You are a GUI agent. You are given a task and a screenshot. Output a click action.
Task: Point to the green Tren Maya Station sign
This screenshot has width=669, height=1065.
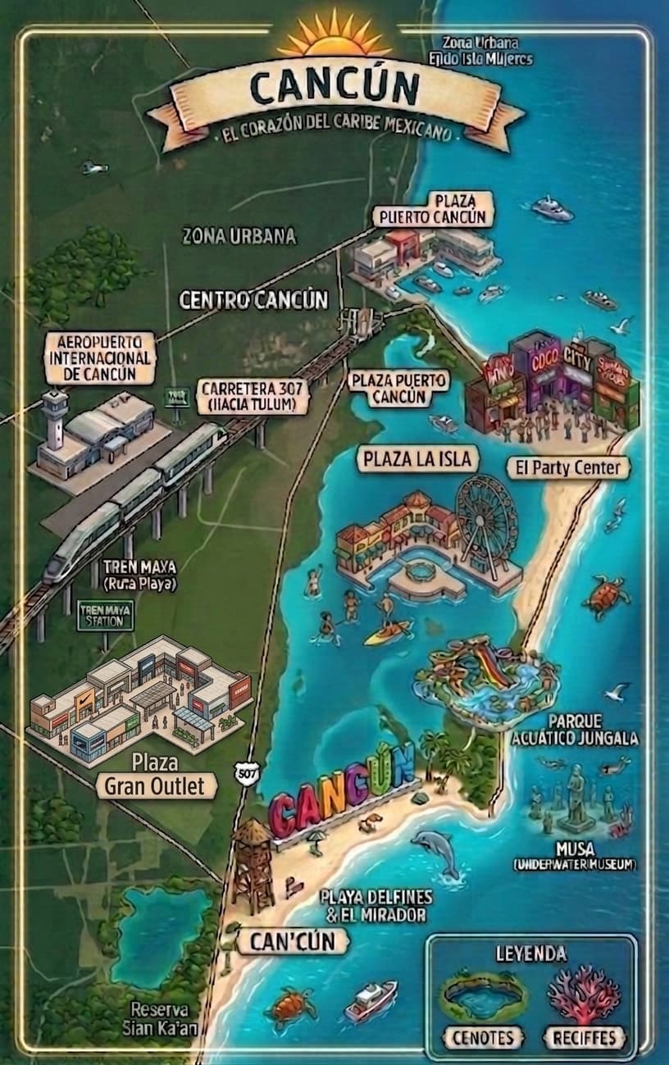tap(105, 615)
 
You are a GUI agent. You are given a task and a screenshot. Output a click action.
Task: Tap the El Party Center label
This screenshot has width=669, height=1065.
tap(568, 468)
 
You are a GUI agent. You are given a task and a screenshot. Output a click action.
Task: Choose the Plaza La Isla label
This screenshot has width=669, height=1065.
tap(417, 459)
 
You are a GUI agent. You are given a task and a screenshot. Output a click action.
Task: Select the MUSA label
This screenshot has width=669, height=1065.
tap(575, 849)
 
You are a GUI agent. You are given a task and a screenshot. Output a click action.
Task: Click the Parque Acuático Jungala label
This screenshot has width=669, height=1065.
tap(575, 730)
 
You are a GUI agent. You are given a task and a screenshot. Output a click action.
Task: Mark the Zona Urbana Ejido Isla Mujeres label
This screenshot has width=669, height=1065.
tap(480, 50)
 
